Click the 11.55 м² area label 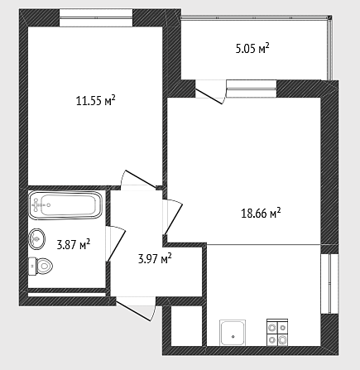pos(95,100)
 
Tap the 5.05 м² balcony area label pos(252,48)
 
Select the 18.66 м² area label pos(261,213)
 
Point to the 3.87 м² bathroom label pos(74,244)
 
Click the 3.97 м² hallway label pos(155,258)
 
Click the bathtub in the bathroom pos(65,205)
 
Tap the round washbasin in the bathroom pos(36,239)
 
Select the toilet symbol pos(41,266)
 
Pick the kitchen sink pos(233,332)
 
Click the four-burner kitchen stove pos(277,332)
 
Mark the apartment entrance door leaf pos(134,311)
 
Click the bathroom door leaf pos(117,246)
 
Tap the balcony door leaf pos(209,97)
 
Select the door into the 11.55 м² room pos(141,179)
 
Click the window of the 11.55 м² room pos(96,18)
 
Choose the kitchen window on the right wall pos(329,284)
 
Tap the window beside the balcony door pos(251,89)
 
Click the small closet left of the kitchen pos(187,325)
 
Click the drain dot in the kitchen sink pos(233,336)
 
